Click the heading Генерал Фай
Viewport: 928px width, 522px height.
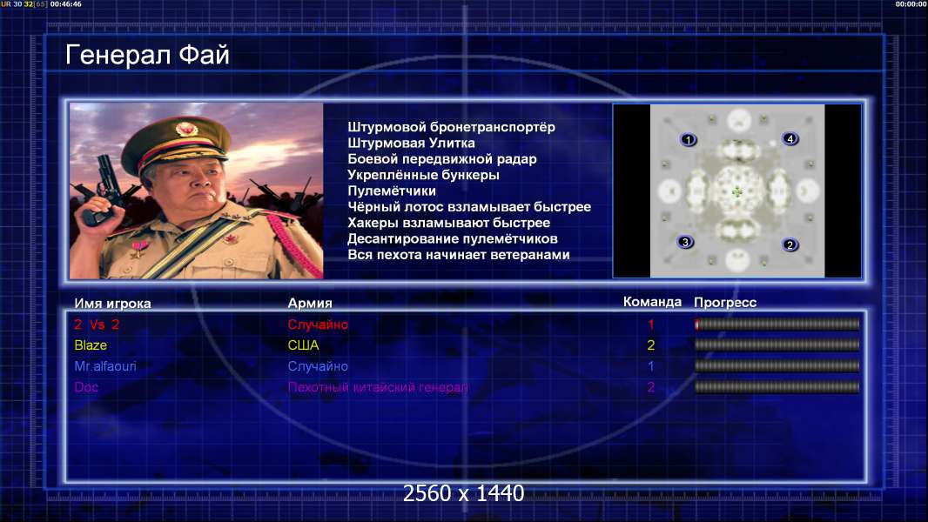click(x=147, y=55)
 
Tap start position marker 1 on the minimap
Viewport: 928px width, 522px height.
click(x=688, y=139)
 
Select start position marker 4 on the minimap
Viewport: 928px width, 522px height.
click(x=790, y=139)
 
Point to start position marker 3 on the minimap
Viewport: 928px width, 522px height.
click(x=685, y=242)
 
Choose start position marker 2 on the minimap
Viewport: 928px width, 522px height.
click(x=790, y=244)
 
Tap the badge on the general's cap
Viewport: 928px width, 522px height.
click(x=185, y=128)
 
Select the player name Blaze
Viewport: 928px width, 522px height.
click(x=91, y=345)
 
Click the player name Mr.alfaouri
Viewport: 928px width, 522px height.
click(x=105, y=366)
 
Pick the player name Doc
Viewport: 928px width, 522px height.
click(x=86, y=387)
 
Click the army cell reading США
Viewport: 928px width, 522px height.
click(x=303, y=345)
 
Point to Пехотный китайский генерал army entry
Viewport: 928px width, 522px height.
click(x=378, y=387)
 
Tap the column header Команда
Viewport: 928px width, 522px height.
click(x=652, y=302)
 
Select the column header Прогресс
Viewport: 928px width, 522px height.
click(x=725, y=303)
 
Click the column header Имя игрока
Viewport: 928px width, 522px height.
click(x=112, y=304)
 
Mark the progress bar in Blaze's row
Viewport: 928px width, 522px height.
click(x=777, y=345)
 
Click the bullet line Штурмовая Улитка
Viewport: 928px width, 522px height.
click(x=411, y=143)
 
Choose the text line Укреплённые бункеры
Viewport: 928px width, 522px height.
click(x=423, y=175)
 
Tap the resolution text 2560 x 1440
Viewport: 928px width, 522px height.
click(x=463, y=493)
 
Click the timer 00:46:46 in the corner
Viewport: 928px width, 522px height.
click(x=65, y=4)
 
